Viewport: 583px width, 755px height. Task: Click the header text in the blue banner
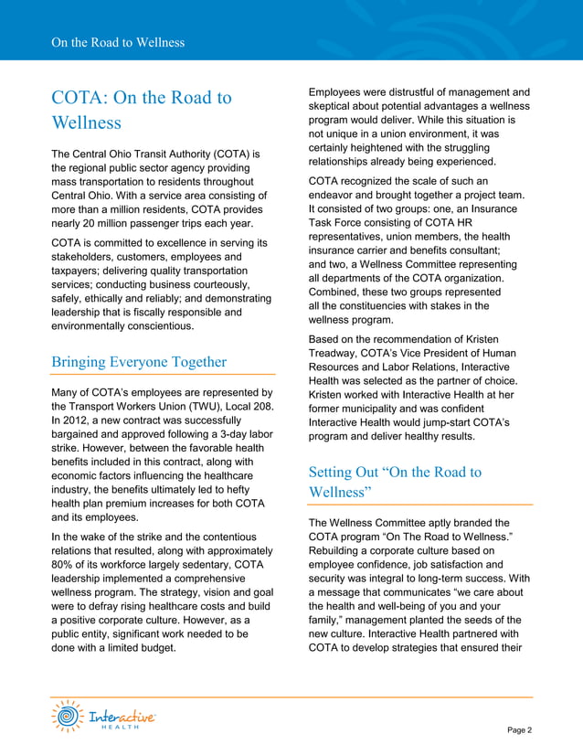click(x=119, y=42)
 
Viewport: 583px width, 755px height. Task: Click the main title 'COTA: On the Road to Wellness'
click(x=142, y=109)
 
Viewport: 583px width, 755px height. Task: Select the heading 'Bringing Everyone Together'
click(x=139, y=362)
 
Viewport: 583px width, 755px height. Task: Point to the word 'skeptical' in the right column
click(x=336, y=107)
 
